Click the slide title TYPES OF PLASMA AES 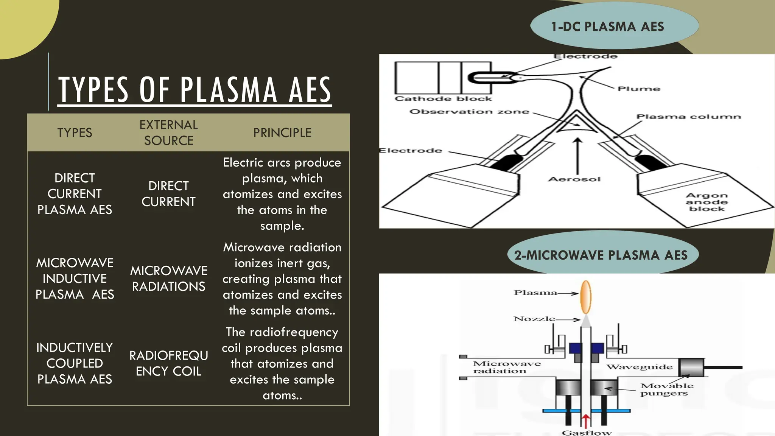pyautogui.click(x=195, y=90)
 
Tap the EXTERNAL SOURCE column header pyautogui.click(x=168, y=132)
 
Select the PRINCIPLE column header pyautogui.click(x=282, y=133)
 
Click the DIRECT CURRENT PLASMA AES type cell pyautogui.click(x=75, y=194)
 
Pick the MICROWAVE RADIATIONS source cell pyautogui.click(x=168, y=279)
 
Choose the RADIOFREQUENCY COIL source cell pyautogui.click(x=168, y=363)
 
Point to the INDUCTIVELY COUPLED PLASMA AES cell pyautogui.click(x=75, y=363)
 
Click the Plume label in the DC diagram pyautogui.click(x=639, y=89)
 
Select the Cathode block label pyautogui.click(x=443, y=99)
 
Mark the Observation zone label pyautogui.click(x=469, y=112)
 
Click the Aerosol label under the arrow pyautogui.click(x=574, y=179)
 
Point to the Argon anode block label pyautogui.click(x=707, y=202)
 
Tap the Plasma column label pyautogui.click(x=688, y=117)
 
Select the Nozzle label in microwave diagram pyautogui.click(x=534, y=319)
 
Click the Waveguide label pyautogui.click(x=640, y=367)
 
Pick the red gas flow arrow pyautogui.click(x=586, y=421)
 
